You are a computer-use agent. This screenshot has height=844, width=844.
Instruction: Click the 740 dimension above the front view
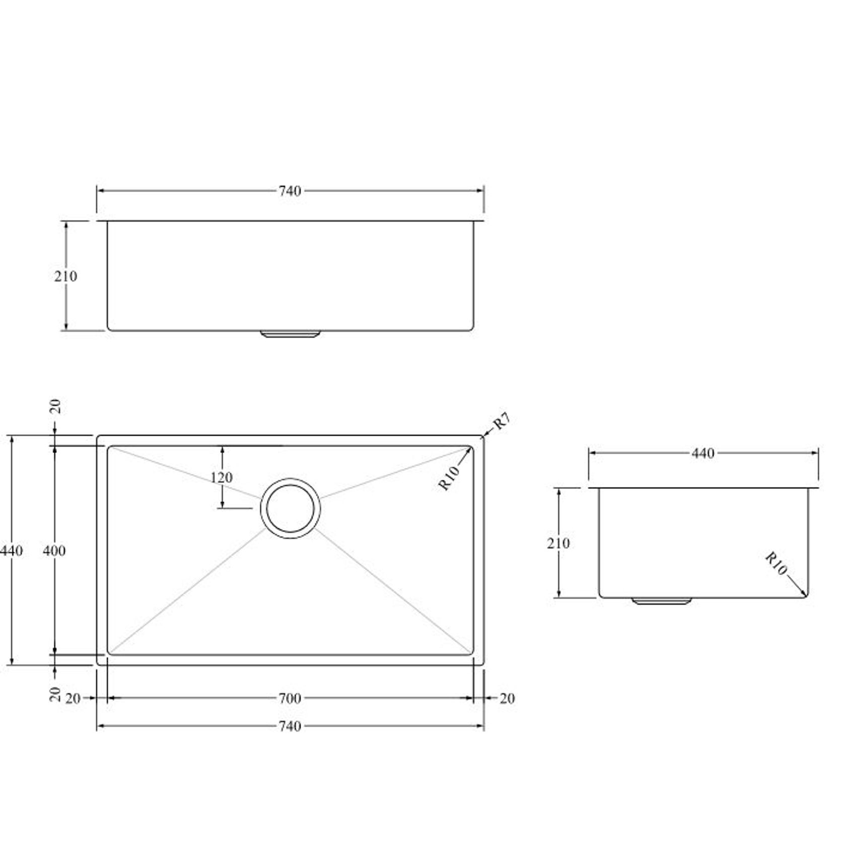[x=290, y=191]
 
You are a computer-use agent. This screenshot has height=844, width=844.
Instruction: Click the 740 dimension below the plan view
[x=290, y=726]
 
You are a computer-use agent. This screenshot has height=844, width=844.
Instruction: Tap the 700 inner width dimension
[x=290, y=698]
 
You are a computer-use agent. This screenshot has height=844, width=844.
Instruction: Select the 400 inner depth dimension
[x=54, y=551]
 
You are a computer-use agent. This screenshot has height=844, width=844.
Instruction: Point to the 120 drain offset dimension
[x=222, y=477]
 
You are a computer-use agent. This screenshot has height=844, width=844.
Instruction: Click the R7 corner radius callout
[x=502, y=421]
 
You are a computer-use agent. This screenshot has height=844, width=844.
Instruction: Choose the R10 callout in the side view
[x=776, y=564]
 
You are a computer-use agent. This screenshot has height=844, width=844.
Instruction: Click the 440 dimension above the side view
[x=703, y=454]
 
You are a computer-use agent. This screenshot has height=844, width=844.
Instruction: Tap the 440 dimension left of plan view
[x=11, y=551]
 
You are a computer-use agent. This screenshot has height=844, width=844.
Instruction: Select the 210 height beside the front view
[x=66, y=276]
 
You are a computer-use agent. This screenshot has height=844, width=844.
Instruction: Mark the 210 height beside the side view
[x=558, y=543]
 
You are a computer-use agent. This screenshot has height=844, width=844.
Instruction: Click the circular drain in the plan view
[x=291, y=509]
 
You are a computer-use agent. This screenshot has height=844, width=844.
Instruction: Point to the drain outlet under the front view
[x=291, y=334]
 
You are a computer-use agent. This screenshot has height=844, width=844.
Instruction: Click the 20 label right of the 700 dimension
[x=507, y=698]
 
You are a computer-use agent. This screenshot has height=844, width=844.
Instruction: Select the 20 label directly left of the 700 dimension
[x=73, y=698]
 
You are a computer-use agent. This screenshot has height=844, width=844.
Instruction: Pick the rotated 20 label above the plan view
[x=56, y=406]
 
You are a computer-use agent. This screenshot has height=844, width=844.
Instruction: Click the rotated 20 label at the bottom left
[x=56, y=694]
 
